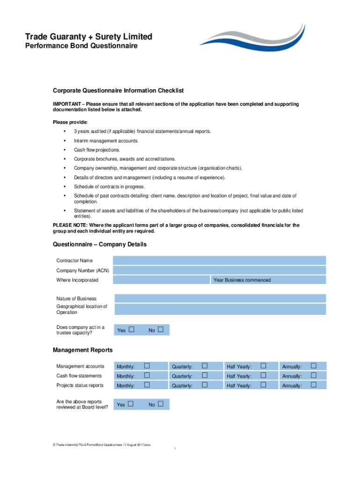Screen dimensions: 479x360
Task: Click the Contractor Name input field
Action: (219, 261)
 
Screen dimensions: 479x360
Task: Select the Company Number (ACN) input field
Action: (219, 270)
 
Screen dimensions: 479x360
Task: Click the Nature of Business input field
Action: (220, 298)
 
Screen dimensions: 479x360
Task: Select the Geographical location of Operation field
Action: (220, 309)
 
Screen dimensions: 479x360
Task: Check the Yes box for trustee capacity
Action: (131, 330)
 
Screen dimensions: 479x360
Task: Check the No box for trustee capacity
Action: (161, 330)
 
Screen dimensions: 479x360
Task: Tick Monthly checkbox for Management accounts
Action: (147, 366)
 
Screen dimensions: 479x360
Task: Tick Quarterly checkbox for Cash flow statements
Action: (204, 376)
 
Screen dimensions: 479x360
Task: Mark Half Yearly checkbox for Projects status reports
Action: (263, 385)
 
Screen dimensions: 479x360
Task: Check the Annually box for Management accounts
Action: (314, 366)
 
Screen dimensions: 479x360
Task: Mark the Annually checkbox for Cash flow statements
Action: (314, 376)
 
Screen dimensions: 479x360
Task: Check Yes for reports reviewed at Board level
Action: (131, 404)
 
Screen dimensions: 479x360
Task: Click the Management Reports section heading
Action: (83, 350)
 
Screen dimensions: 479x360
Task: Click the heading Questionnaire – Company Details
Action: (100, 244)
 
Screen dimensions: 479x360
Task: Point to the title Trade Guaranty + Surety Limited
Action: (88, 36)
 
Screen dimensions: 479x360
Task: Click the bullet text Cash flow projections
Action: (97, 150)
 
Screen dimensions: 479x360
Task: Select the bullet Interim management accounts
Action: (106, 141)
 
